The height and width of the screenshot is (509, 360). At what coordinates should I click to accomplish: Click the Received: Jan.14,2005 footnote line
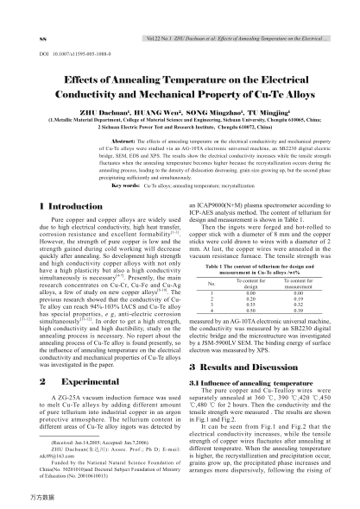click(x=93, y=439)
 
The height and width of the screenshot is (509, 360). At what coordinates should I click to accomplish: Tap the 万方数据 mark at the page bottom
click(x=21, y=500)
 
